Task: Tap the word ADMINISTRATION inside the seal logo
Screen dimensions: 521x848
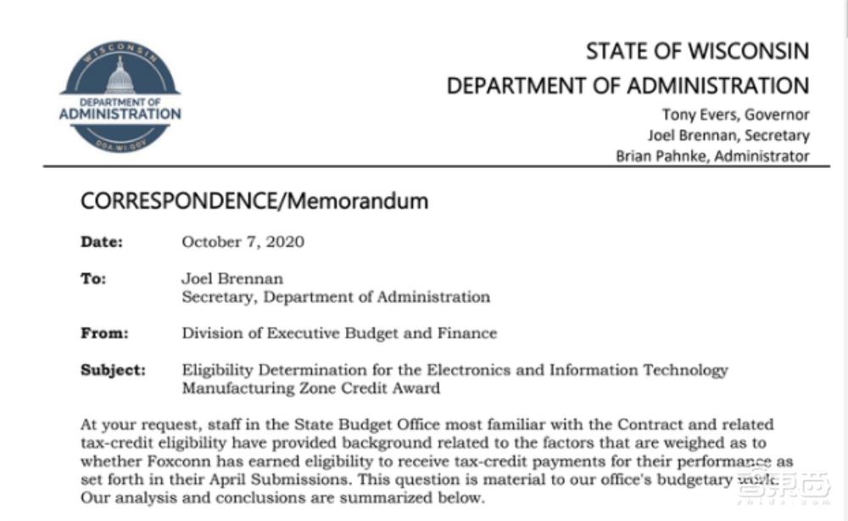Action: (x=120, y=114)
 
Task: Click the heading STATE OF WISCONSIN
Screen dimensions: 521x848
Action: (x=697, y=51)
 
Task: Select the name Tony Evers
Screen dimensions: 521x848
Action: (x=695, y=115)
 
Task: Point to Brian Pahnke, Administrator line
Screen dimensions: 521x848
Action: (x=712, y=155)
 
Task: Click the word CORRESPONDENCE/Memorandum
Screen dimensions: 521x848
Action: (x=254, y=201)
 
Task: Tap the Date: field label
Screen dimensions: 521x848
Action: (x=102, y=242)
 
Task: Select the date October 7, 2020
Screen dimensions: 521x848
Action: (x=243, y=242)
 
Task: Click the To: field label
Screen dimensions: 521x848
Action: (x=93, y=278)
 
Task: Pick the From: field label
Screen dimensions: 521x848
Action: (x=104, y=333)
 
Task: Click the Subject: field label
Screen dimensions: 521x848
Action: (x=113, y=371)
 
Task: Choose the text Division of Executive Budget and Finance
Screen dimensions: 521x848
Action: (x=339, y=333)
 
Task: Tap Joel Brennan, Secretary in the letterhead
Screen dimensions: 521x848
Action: (x=728, y=135)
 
